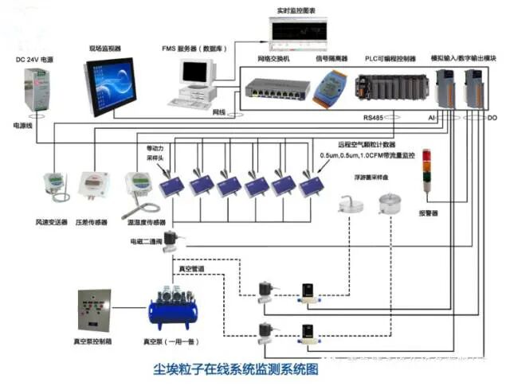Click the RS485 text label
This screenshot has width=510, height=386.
click(x=373, y=118)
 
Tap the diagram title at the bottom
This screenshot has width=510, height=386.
click(x=234, y=370)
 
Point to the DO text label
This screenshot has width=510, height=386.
click(x=492, y=118)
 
